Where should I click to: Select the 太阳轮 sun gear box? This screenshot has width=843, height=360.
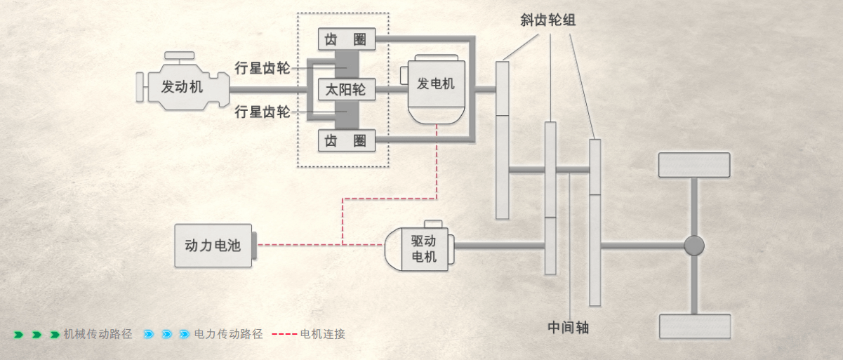point(347,90)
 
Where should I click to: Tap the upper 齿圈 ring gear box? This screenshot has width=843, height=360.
point(347,39)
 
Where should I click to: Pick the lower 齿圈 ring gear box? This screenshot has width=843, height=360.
point(347,140)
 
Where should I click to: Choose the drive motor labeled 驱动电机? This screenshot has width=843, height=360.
point(419,246)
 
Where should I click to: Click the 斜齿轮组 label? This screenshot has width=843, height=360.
point(548,20)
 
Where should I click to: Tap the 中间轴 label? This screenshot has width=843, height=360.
point(569,328)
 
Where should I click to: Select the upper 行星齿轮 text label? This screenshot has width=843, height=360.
point(263,68)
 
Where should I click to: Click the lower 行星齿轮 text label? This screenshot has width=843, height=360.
point(263,112)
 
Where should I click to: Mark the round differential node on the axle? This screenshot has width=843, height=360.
point(694,246)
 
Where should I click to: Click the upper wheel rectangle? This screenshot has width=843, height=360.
point(694,165)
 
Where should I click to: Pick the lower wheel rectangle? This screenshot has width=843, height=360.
point(695,326)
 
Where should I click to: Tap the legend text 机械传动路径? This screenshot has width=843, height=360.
point(98,334)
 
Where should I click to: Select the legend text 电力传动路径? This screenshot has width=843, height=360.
point(228,334)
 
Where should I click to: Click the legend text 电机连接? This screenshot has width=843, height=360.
point(322,334)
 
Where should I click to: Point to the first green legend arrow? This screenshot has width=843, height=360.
point(18,335)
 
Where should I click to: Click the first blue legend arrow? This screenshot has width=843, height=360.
point(149,335)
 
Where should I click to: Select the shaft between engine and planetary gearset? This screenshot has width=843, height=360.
point(268,90)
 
